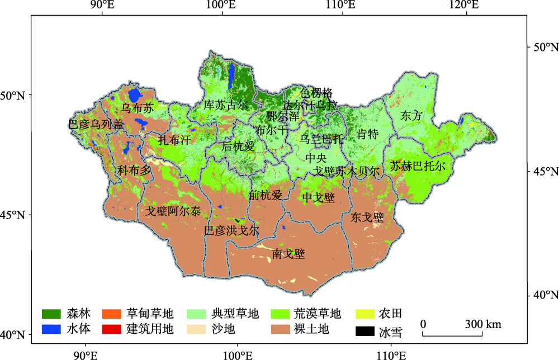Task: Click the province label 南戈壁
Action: (x=288, y=255)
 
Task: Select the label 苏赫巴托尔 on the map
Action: (x=418, y=166)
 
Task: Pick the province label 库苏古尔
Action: (x=225, y=105)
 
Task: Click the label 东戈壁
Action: (x=367, y=217)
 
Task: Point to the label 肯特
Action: (x=367, y=134)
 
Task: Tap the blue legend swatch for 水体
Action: (x=51, y=329)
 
